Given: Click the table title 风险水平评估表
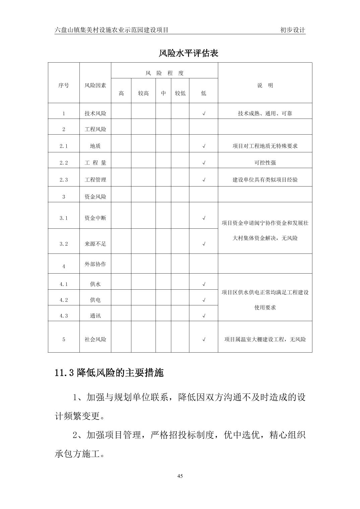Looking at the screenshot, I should (x=188, y=54).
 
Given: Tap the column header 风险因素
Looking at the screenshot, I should (x=95, y=85).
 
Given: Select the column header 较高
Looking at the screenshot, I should (x=143, y=93).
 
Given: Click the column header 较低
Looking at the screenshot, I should (x=180, y=93).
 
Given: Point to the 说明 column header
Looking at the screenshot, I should (x=265, y=85).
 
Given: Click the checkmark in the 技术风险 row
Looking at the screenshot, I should (x=204, y=114).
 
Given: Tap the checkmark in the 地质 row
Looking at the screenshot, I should (x=204, y=146).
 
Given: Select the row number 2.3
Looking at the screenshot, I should (x=64, y=180).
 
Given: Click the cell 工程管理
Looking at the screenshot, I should (x=95, y=180).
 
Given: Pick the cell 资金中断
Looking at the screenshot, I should (x=95, y=218).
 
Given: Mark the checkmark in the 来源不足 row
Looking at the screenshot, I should (x=204, y=244).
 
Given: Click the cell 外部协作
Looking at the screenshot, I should (x=95, y=264).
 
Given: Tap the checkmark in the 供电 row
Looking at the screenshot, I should (x=204, y=300).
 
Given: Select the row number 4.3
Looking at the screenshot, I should (x=64, y=316).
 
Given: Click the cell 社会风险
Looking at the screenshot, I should (x=95, y=339).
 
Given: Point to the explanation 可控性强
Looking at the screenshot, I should (x=265, y=163).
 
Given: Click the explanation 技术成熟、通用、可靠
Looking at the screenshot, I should (x=265, y=114).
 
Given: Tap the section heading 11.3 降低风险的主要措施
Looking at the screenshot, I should (x=109, y=373).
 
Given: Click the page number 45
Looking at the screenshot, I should (x=180, y=476).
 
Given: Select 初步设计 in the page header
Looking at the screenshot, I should (x=293, y=30).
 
